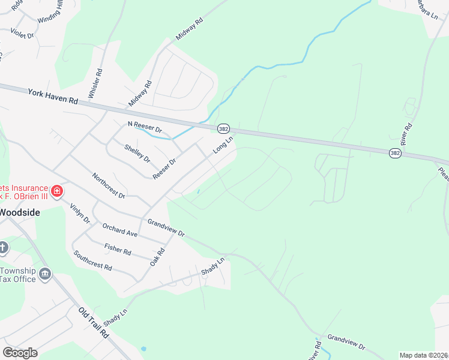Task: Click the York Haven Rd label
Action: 53,97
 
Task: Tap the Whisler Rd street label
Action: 95,83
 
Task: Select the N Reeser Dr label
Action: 145,127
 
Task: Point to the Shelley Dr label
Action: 137,154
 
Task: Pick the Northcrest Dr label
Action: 108,186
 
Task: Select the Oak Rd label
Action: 157,259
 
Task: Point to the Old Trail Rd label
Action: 93,323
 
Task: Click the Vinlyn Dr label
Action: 79,214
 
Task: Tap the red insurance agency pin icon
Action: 57,191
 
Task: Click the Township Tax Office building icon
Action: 45,275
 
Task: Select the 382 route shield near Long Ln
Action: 223,128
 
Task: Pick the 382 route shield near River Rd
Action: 394,153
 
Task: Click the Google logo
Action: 20,352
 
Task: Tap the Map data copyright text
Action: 424,355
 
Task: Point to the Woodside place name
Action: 20,212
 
